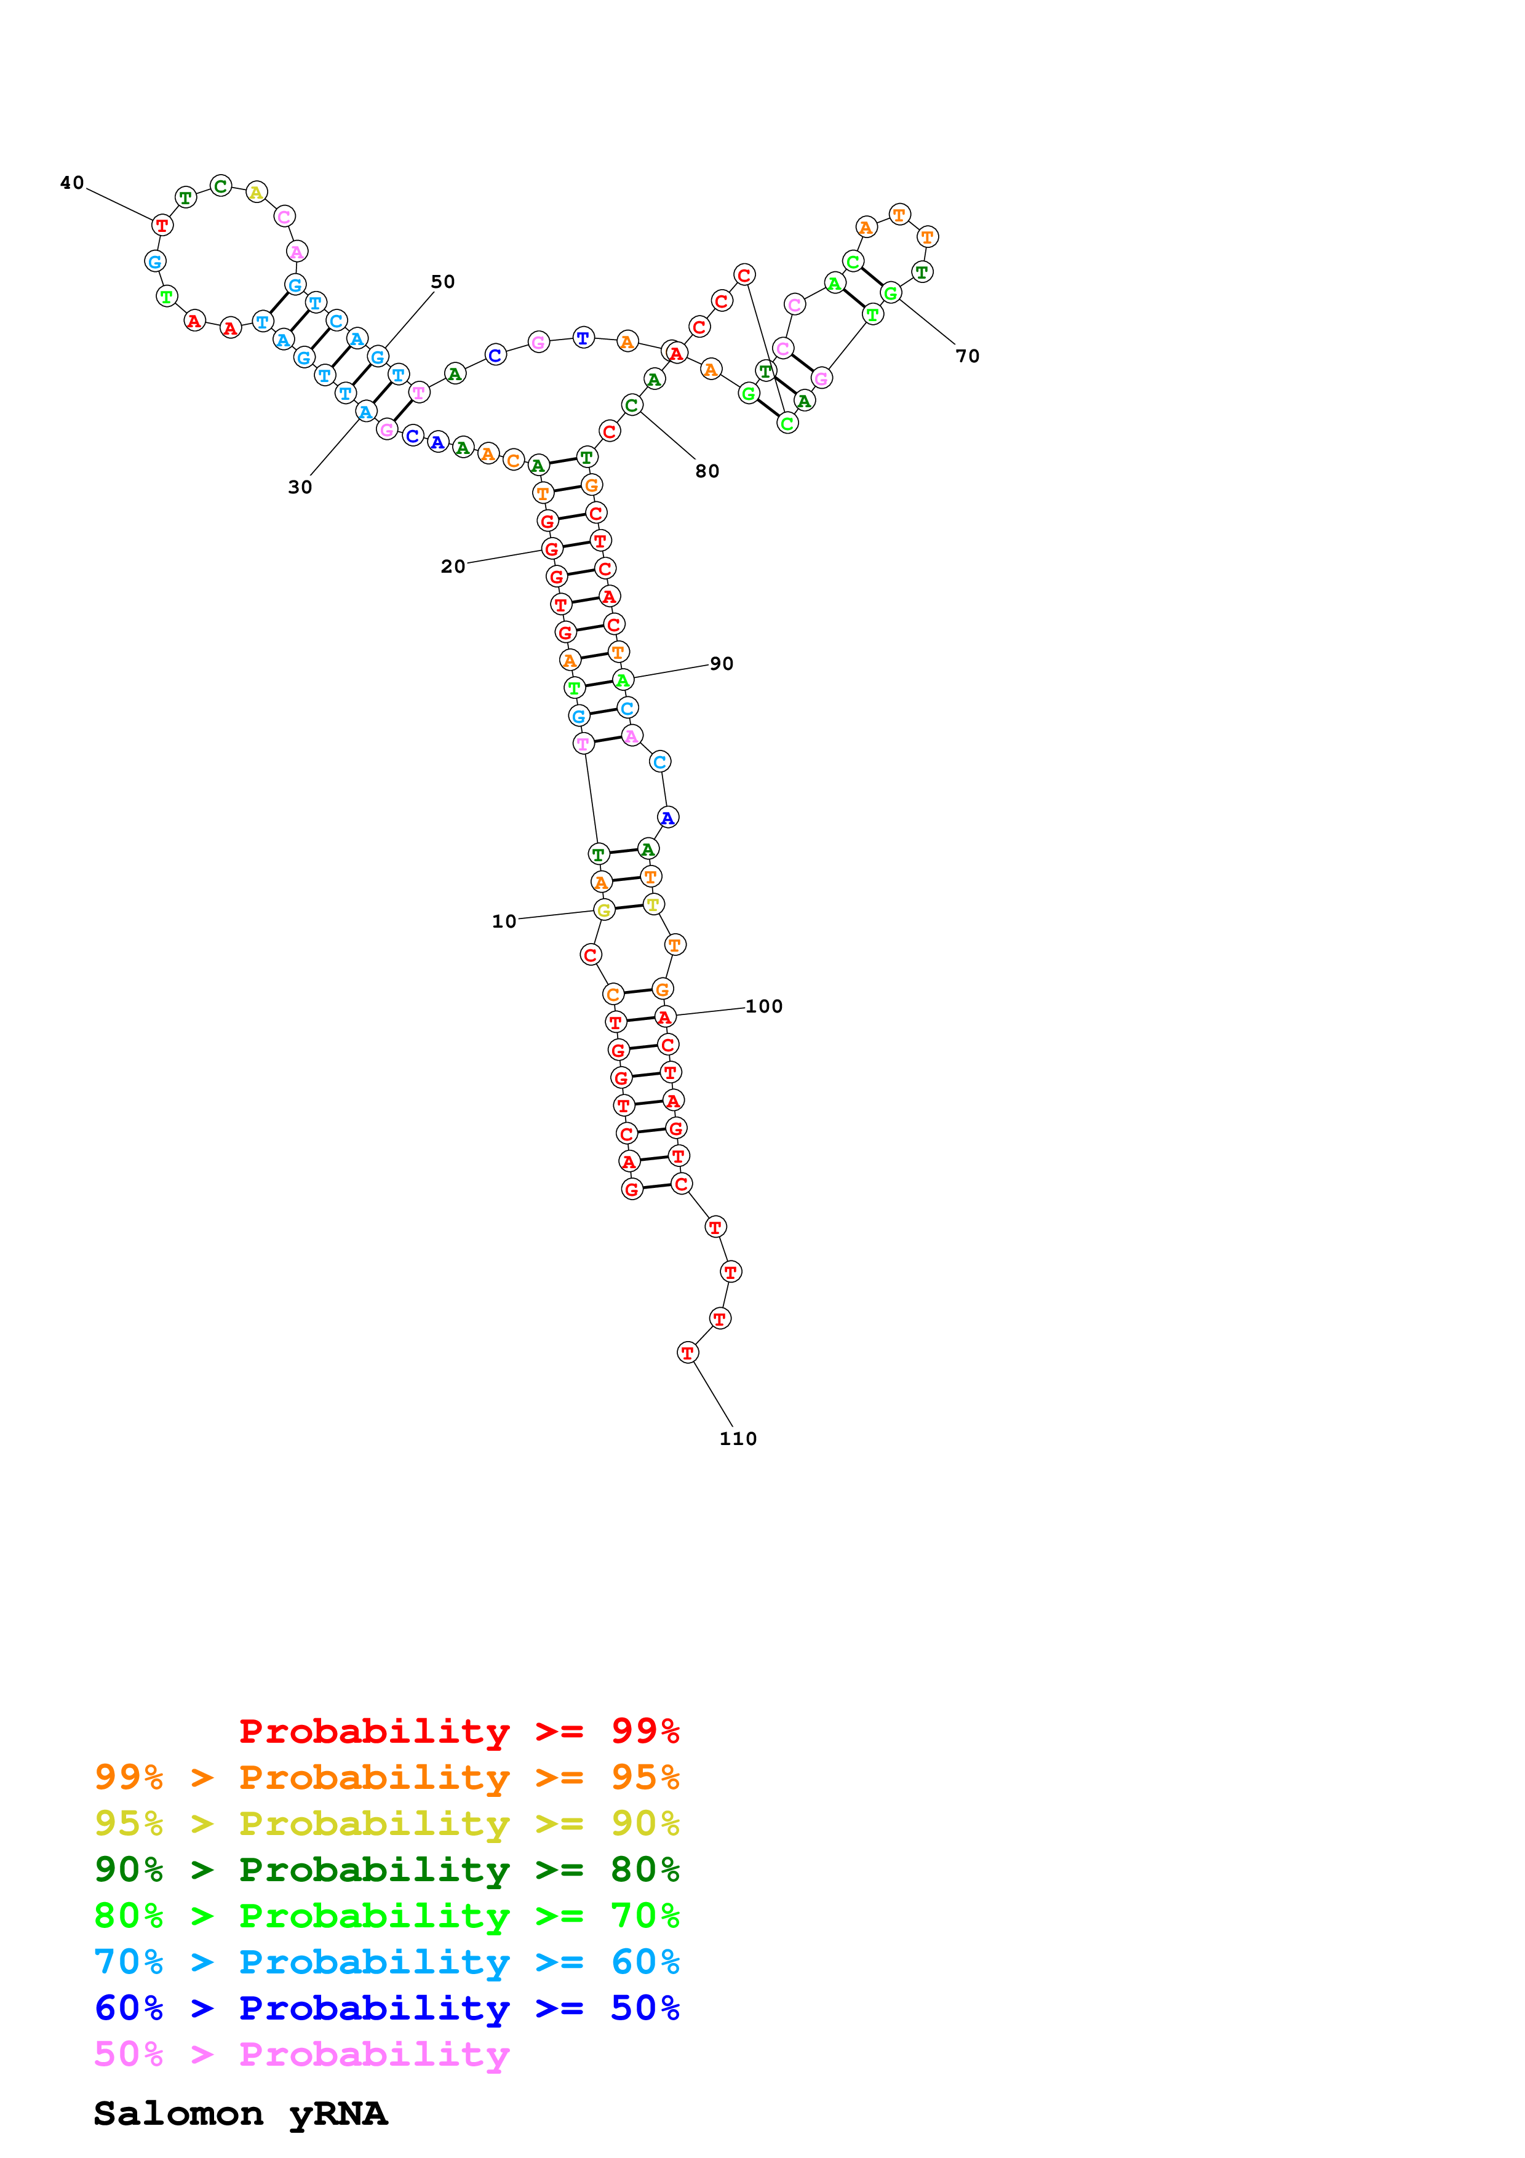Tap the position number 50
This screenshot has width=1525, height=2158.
coord(442,282)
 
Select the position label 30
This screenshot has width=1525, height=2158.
coord(300,487)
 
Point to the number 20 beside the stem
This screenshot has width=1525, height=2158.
coord(453,567)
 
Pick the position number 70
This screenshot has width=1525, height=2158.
coord(967,356)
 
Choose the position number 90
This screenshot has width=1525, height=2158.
coord(721,664)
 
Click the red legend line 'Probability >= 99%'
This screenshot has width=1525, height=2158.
coord(458,1731)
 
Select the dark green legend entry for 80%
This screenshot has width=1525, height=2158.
coord(386,1869)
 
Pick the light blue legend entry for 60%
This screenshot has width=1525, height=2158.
coord(386,1962)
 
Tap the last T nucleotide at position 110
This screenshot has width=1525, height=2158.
coord(687,1353)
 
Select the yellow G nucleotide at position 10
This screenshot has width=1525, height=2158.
coord(604,910)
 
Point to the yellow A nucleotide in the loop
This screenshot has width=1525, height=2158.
coord(255,193)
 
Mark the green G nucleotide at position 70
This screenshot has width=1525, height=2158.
coord(891,293)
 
